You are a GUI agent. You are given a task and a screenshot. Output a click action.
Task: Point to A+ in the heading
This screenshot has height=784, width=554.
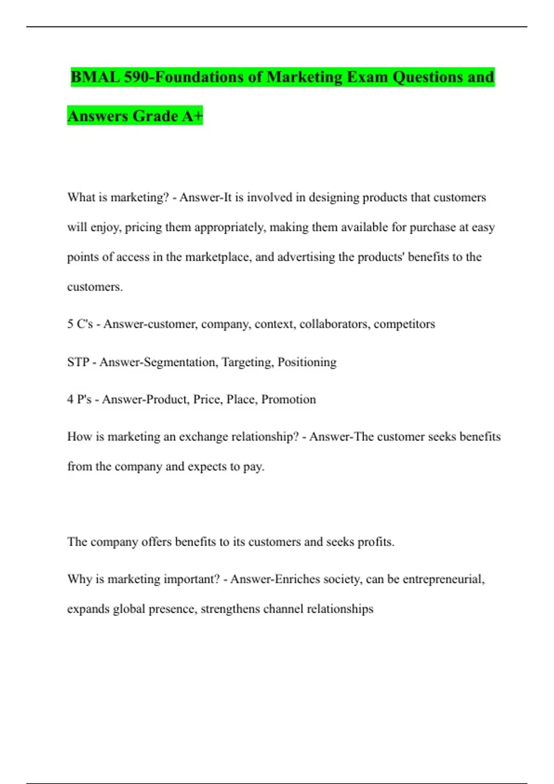coord(192,116)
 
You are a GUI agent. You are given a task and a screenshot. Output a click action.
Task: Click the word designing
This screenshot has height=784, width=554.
coord(333,197)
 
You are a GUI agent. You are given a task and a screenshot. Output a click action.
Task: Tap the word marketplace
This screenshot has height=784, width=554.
coord(217,257)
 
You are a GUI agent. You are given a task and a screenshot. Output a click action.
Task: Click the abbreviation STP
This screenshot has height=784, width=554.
coord(78,362)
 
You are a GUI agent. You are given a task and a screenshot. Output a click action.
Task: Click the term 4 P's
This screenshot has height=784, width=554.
coord(79,399)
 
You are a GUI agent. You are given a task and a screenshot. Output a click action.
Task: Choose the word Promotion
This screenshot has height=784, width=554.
coord(289,399)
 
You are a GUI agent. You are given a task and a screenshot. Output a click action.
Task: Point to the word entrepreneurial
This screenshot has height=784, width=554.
coord(444,579)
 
